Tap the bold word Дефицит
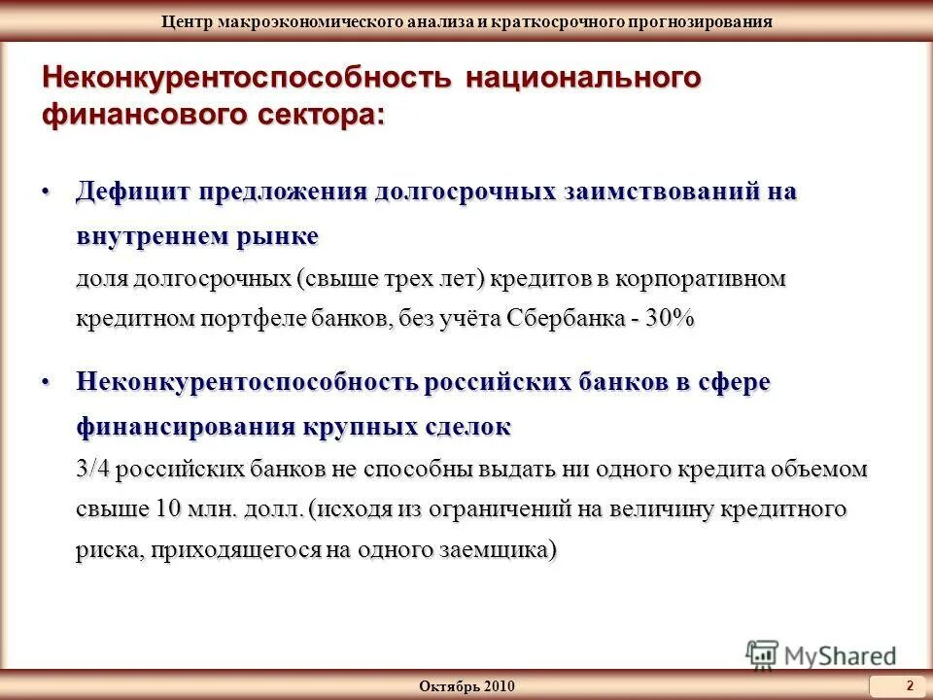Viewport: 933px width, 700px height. [132, 192]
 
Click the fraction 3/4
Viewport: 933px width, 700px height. [93, 470]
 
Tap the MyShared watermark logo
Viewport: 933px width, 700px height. [821, 654]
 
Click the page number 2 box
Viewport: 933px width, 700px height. [910, 685]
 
